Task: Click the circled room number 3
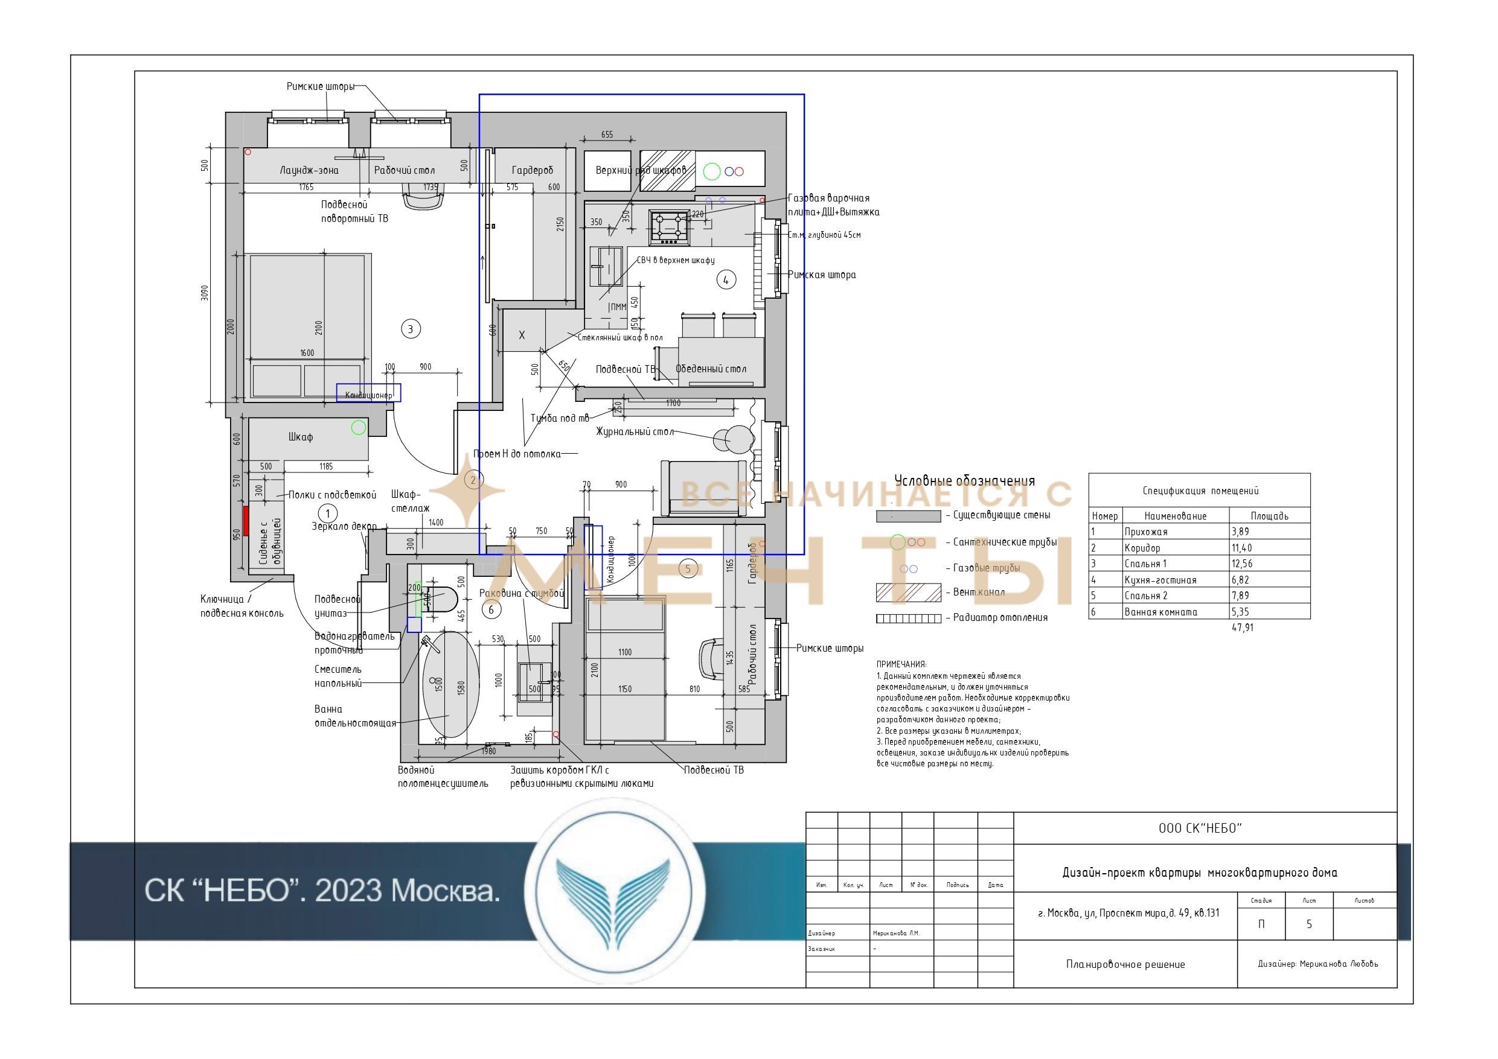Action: pos(411,329)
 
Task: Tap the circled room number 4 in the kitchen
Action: pos(726,280)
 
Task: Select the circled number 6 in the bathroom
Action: pos(491,609)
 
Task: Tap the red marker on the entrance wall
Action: pos(246,520)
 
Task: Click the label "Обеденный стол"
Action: pos(711,369)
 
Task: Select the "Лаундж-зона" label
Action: pos(309,170)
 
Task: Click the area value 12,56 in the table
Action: pos(1241,564)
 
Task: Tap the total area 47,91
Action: pos(1242,628)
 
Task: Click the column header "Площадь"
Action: pos(1269,516)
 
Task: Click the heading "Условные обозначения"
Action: pos(964,482)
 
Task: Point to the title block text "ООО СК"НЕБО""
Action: pos(1200,828)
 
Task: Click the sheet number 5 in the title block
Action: pos(1309,924)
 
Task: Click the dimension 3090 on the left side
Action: pos(205,293)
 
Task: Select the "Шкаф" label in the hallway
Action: pos(300,437)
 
